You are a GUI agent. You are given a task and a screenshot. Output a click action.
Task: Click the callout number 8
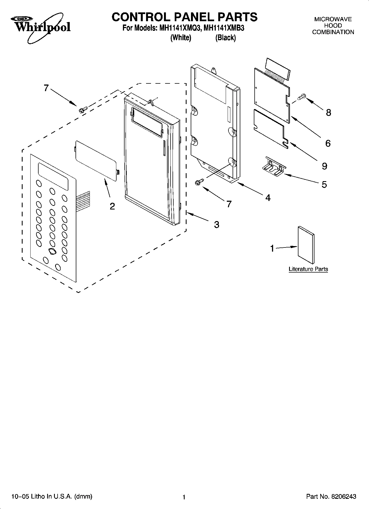(328, 112)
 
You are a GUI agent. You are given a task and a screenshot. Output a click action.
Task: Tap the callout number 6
(328, 143)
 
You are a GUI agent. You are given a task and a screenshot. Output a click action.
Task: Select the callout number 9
(325, 166)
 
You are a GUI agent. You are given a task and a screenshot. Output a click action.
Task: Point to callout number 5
(324, 184)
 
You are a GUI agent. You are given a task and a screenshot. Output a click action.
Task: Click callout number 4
(268, 197)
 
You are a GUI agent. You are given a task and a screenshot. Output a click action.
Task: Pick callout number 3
(217, 225)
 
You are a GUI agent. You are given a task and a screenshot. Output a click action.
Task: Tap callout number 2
(112, 206)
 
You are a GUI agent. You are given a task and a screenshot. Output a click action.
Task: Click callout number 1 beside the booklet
(272, 249)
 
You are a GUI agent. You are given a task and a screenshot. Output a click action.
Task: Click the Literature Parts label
(308, 269)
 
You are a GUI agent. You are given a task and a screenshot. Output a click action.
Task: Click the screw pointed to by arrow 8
(302, 97)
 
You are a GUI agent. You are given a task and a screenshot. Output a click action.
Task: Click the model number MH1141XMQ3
(179, 28)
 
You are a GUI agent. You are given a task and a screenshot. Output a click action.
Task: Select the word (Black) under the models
(225, 38)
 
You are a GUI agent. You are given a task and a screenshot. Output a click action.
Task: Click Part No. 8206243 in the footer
(331, 497)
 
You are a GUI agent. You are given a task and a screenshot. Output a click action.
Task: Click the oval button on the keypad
(52, 251)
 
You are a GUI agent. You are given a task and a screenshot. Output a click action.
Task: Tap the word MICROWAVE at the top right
(333, 19)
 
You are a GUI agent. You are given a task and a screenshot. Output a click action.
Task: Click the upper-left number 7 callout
(46, 88)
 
